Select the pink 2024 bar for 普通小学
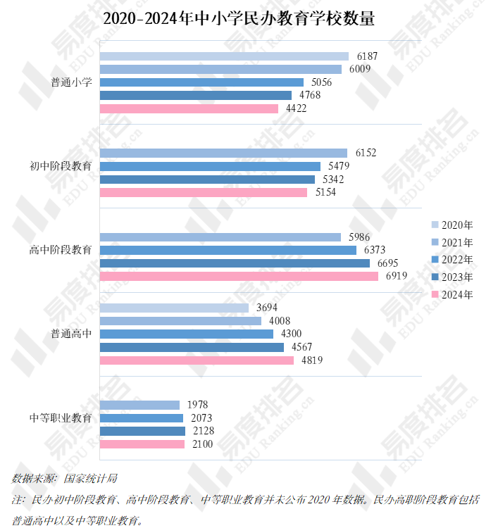coord(189,108)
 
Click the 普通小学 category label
coord(71,82)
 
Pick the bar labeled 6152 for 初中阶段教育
coord(223,153)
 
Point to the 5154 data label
coord(325,192)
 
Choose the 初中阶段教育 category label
coord(61,166)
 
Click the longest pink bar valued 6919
coord(239,276)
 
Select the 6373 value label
coord(377,250)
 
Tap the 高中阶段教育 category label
coord(61,250)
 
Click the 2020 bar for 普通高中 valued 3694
coord(174,308)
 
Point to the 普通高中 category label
coord(71,334)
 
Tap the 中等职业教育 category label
coord(61,417)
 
